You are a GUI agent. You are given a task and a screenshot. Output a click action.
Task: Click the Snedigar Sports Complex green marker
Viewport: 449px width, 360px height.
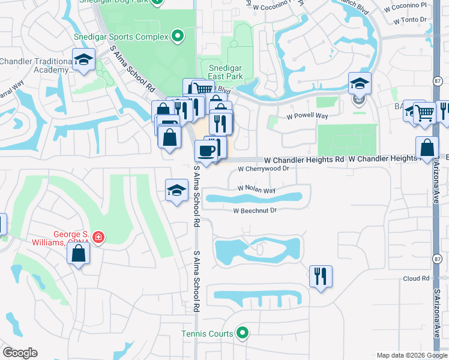tap(177, 37)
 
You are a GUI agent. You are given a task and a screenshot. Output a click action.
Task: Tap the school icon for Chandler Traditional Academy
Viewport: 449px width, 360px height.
tap(83, 60)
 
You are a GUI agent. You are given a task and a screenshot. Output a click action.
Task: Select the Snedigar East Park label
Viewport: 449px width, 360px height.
tap(225, 72)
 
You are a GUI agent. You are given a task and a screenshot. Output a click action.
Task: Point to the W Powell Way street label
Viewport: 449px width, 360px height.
tap(307, 116)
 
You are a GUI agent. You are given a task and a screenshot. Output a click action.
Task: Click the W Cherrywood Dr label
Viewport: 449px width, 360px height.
tap(264, 169)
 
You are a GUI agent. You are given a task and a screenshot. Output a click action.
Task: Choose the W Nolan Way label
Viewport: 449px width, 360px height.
tap(256, 190)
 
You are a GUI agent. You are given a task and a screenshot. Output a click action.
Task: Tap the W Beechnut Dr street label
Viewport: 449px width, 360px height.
tap(255, 211)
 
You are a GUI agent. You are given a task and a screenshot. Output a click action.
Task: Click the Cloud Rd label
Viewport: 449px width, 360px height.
tap(417, 278)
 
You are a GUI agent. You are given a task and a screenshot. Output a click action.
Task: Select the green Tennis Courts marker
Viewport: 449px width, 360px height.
tap(243, 332)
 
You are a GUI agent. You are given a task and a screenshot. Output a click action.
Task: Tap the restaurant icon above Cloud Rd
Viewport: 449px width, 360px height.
tap(321, 276)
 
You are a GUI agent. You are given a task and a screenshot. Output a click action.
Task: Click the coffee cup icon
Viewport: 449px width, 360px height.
tap(206, 151)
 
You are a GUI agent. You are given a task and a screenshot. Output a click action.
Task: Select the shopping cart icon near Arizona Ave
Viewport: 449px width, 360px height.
tap(424, 112)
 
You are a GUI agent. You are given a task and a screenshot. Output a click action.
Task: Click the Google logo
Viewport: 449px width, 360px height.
tap(20, 353)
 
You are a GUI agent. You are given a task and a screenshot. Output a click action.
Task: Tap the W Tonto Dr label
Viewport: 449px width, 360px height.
tap(410, 20)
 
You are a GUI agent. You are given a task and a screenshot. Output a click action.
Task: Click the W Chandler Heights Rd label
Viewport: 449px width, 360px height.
tap(304, 160)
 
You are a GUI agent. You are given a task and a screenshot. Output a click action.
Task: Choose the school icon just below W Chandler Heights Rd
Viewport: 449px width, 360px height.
tap(176, 190)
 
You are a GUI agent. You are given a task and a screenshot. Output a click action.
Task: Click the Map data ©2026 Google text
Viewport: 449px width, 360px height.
tap(411, 355)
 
